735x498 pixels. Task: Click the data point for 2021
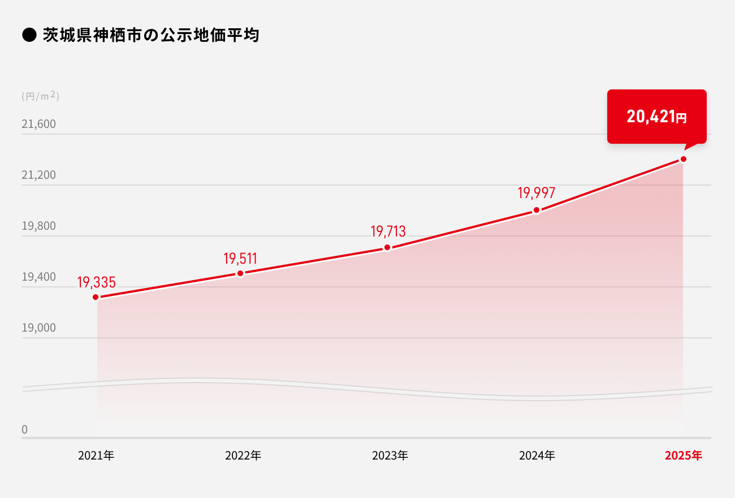click(x=96, y=297)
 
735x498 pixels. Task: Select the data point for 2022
click(x=240, y=273)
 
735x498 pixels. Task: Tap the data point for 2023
click(x=387, y=247)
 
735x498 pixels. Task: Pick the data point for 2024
click(x=537, y=211)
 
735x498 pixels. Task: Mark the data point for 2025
click(x=684, y=159)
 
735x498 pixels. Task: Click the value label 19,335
click(x=96, y=282)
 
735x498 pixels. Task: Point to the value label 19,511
click(x=240, y=259)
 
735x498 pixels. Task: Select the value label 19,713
click(x=388, y=231)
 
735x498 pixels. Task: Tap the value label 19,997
click(x=537, y=193)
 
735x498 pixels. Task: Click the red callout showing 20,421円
click(x=656, y=117)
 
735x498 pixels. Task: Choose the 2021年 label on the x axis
click(x=96, y=456)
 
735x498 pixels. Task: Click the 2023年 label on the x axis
click(x=390, y=456)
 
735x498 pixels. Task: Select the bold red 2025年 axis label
click(x=684, y=456)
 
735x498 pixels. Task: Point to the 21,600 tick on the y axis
click(x=39, y=124)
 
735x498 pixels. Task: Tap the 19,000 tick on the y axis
click(x=39, y=328)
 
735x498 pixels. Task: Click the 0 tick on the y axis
click(x=24, y=430)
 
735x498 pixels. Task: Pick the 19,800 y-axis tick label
click(x=39, y=226)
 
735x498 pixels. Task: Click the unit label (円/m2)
click(x=40, y=96)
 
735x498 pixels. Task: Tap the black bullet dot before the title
click(x=29, y=36)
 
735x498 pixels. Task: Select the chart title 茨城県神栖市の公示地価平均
click(x=150, y=36)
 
